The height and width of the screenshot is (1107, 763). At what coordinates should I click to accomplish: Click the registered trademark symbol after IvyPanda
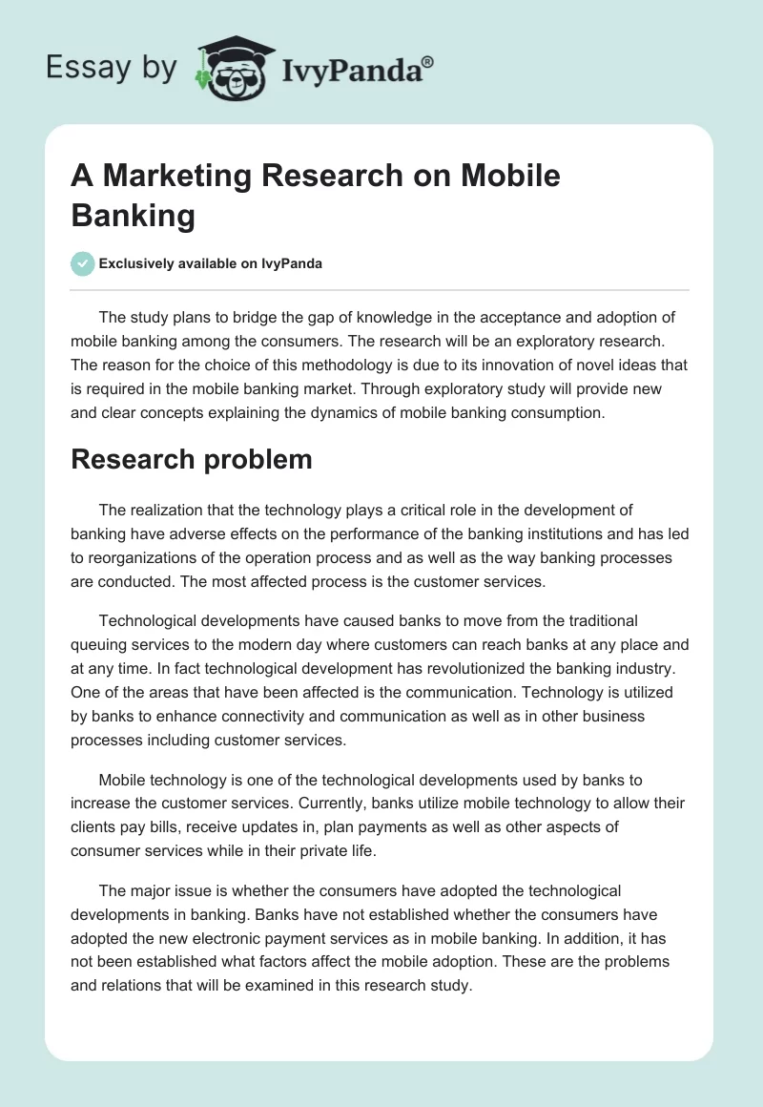428,62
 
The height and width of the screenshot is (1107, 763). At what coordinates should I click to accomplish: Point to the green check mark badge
83,263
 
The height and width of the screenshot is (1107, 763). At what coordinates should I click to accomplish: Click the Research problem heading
192,459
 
